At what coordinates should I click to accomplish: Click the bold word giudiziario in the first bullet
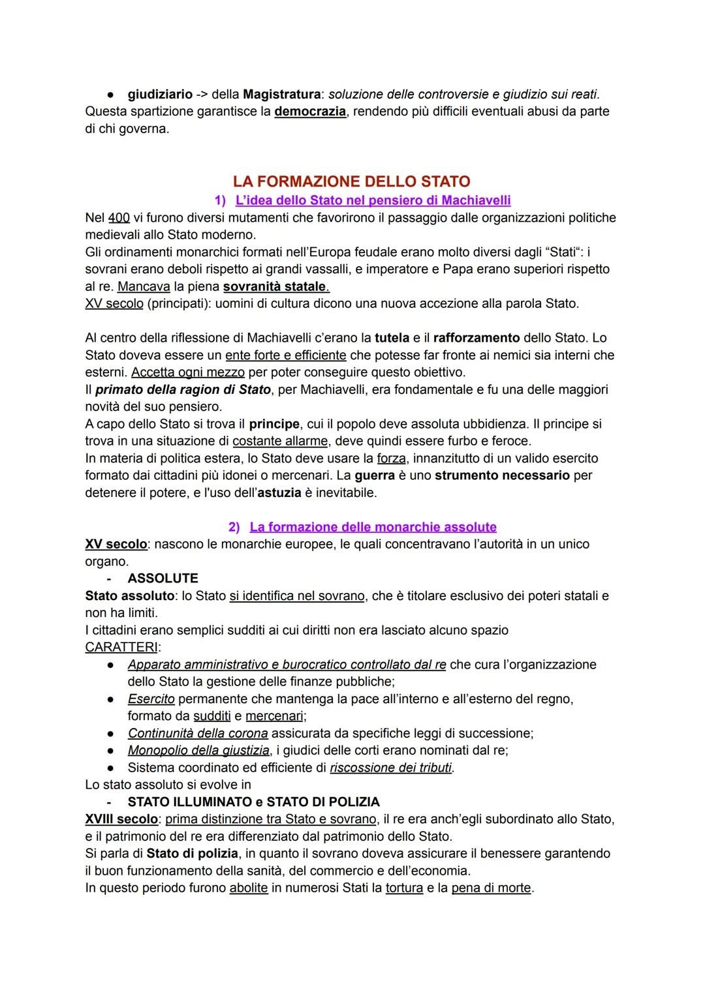(x=159, y=95)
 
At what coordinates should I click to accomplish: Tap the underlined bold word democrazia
(x=310, y=112)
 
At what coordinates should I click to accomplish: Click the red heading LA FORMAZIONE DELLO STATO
(x=351, y=181)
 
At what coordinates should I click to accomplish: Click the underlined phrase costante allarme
(x=280, y=441)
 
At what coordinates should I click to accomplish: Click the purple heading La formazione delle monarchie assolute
(x=373, y=527)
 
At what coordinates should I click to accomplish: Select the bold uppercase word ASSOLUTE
(x=163, y=579)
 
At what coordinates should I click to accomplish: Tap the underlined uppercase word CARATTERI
(x=123, y=647)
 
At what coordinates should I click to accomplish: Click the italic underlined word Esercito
(x=151, y=699)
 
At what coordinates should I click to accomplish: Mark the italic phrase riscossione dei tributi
(x=391, y=768)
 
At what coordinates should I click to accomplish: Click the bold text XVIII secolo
(x=121, y=819)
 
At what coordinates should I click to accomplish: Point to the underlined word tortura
(x=404, y=888)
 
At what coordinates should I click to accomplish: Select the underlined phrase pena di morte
(x=491, y=888)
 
